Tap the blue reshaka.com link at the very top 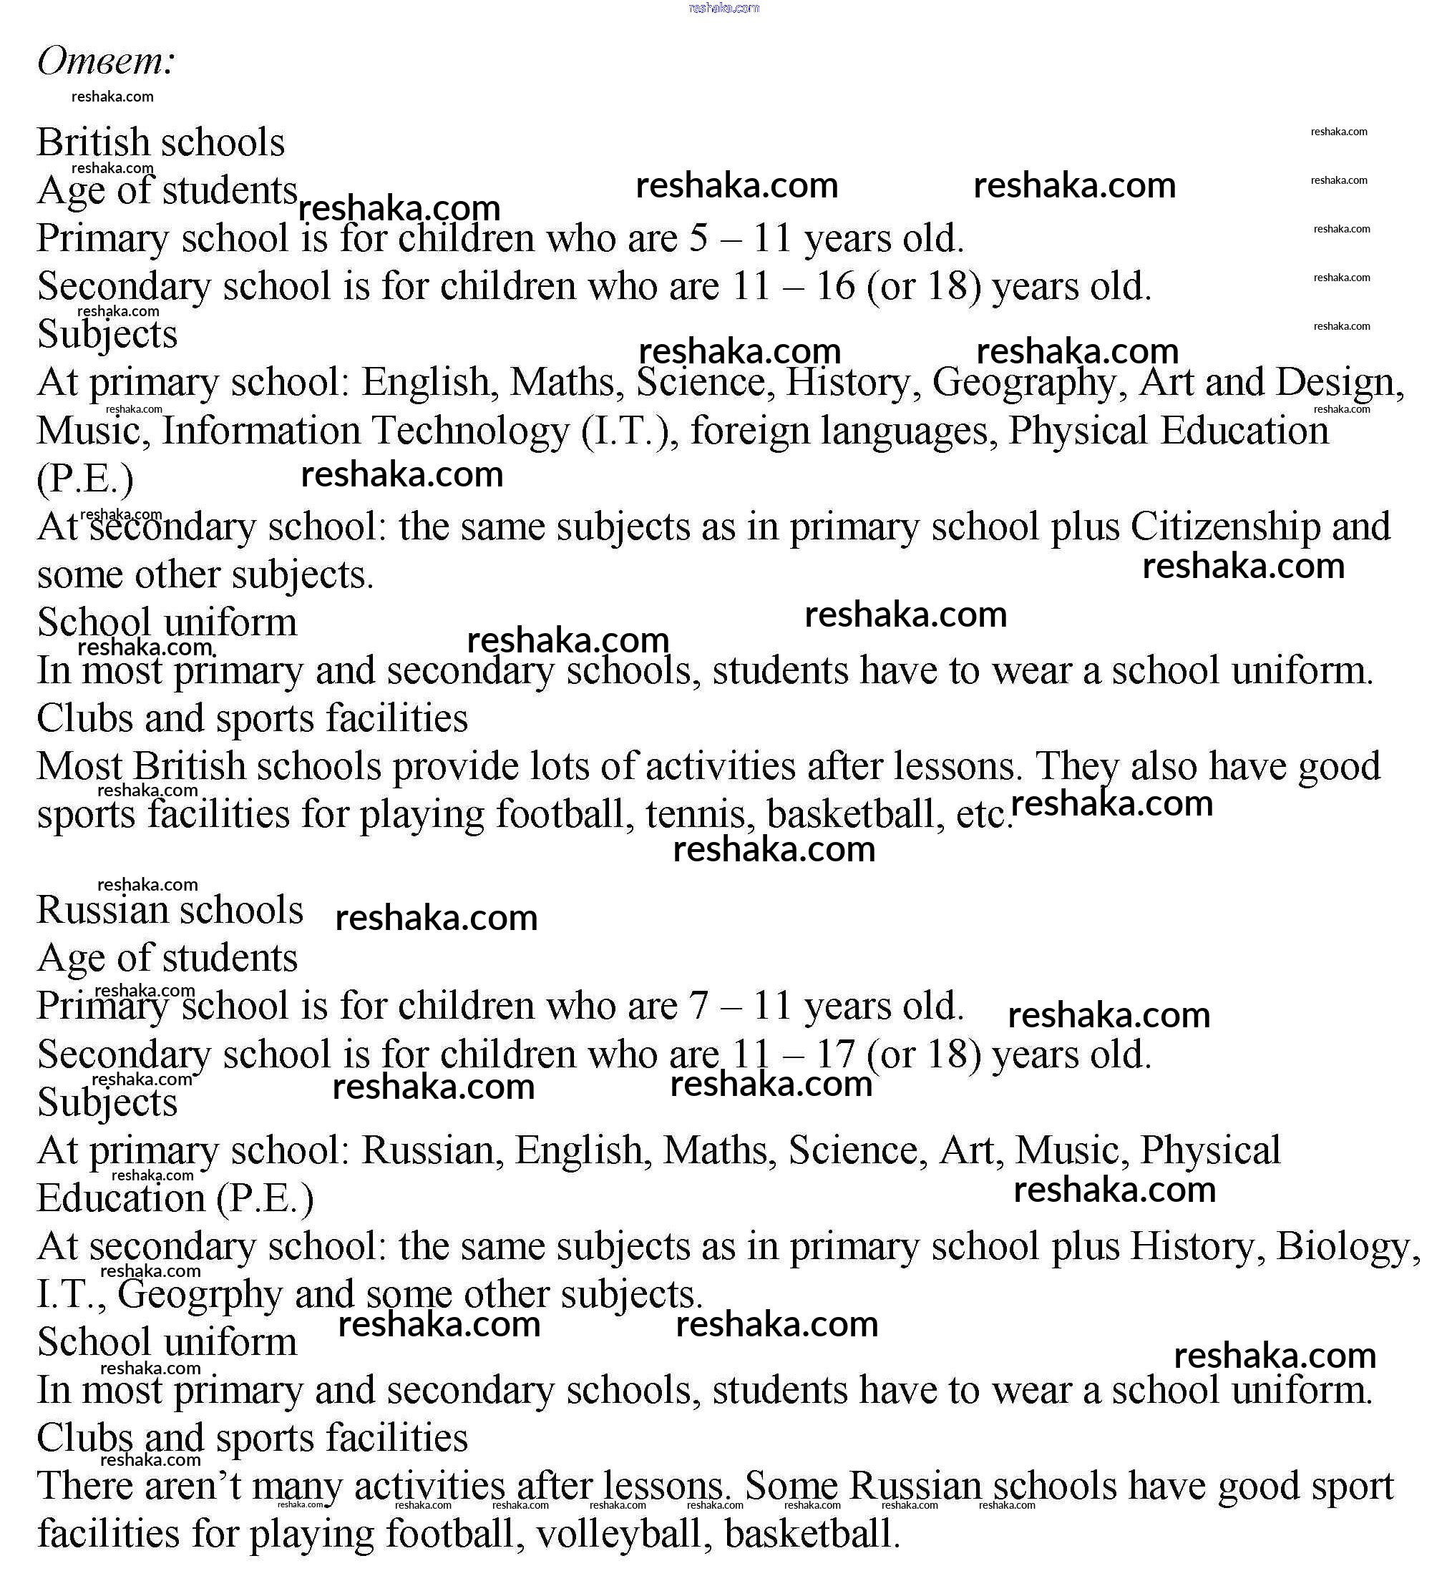coord(723,8)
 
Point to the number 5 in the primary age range coord(698,238)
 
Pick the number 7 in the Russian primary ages coord(698,1006)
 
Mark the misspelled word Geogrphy coord(199,1296)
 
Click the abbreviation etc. coord(982,815)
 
